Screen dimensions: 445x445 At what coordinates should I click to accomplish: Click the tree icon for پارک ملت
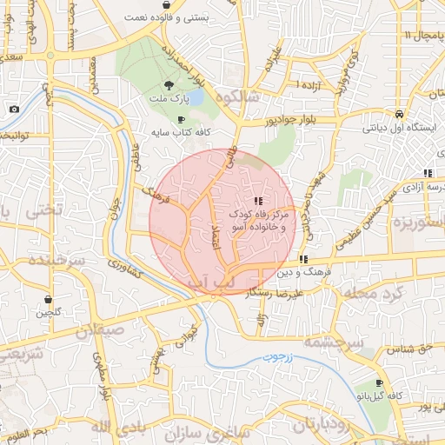(x=168, y=85)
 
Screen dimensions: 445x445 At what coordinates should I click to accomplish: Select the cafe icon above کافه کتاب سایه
(x=181, y=120)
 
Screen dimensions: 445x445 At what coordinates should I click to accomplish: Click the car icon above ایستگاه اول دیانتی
(x=398, y=114)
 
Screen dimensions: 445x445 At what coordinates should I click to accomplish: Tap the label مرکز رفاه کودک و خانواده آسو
(x=258, y=219)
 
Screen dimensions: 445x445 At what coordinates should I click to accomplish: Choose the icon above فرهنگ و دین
(x=302, y=259)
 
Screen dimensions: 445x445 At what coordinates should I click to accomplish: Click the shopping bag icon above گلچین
(x=45, y=298)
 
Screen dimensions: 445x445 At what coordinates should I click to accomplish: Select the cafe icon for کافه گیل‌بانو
(x=379, y=383)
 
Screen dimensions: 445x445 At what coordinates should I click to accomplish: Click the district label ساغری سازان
(x=193, y=432)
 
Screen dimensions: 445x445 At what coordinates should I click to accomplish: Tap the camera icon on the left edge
(x=15, y=109)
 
